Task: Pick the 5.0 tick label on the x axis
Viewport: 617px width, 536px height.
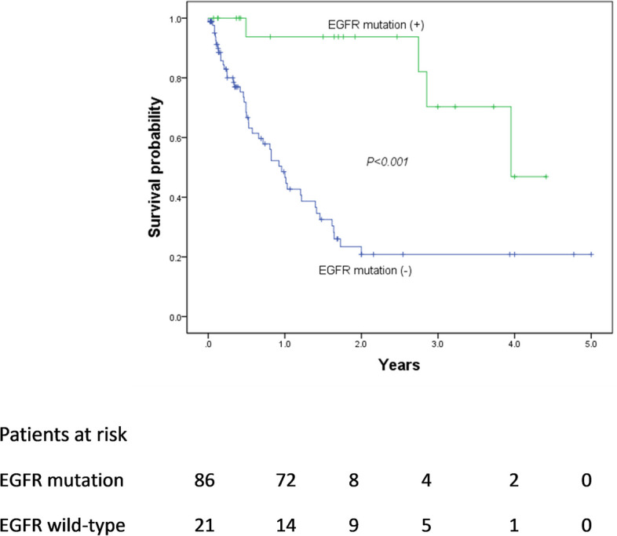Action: click(x=590, y=344)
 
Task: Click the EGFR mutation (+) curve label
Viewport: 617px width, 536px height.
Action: click(x=376, y=25)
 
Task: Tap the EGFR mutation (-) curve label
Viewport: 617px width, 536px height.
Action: click(x=366, y=272)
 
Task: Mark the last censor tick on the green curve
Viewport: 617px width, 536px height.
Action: click(x=546, y=177)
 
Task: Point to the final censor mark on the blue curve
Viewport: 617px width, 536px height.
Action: click(x=590, y=254)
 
